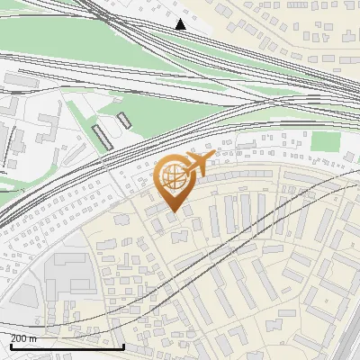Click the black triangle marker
coord(181,24)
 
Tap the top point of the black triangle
coord(181,19)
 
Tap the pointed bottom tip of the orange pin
coord(173,212)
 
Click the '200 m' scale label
coord(23,338)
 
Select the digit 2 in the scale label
coord(13,338)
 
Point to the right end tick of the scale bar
coord(123,345)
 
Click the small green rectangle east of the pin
coord(323,141)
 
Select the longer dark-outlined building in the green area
coord(103,137)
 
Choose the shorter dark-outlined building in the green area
coord(123,120)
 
